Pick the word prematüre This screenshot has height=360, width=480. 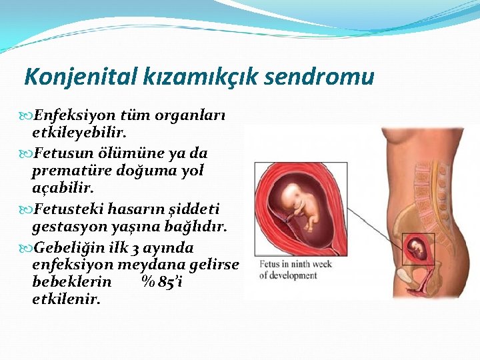[72, 171]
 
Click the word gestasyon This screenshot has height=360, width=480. [70, 227]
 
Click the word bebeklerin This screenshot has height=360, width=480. [71, 282]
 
